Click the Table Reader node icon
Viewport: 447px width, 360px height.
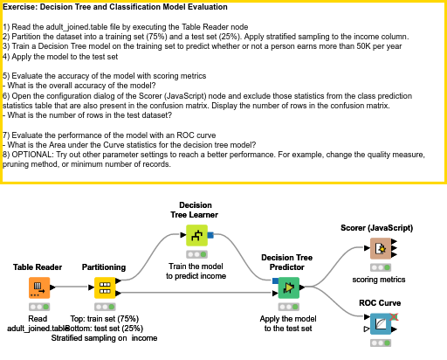[x=38, y=287]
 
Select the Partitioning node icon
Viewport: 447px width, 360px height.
[x=104, y=287]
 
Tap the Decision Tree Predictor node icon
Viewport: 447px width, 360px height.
[x=289, y=287]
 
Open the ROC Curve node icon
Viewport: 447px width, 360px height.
[x=380, y=325]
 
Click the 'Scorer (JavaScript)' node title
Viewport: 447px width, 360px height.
[x=376, y=227]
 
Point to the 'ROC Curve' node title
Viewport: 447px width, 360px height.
[x=380, y=303]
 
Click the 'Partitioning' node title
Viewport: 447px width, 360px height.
[x=104, y=267]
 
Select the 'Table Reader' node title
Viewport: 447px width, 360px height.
[x=38, y=267]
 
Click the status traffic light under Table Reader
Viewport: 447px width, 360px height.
[x=38, y=307]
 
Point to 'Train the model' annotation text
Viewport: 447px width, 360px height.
[x=196, y=266]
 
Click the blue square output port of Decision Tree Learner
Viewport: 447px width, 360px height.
[x=210, y=235]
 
